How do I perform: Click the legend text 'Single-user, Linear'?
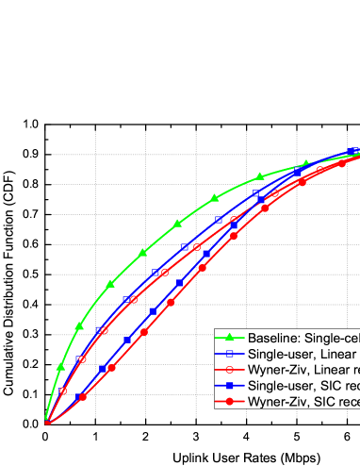(300, 354)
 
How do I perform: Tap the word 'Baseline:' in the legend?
(272, 339)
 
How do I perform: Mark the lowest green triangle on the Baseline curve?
(61, 365)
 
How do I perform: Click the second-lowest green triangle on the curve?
(79, 325)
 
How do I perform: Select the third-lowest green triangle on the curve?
(110, 283)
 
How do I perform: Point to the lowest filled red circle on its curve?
(83, 397)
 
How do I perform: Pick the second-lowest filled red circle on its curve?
(112, 367)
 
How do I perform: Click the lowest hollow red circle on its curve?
(62, 391)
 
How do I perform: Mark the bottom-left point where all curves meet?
(46, 422)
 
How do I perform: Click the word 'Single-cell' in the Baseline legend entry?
(332, 339)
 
